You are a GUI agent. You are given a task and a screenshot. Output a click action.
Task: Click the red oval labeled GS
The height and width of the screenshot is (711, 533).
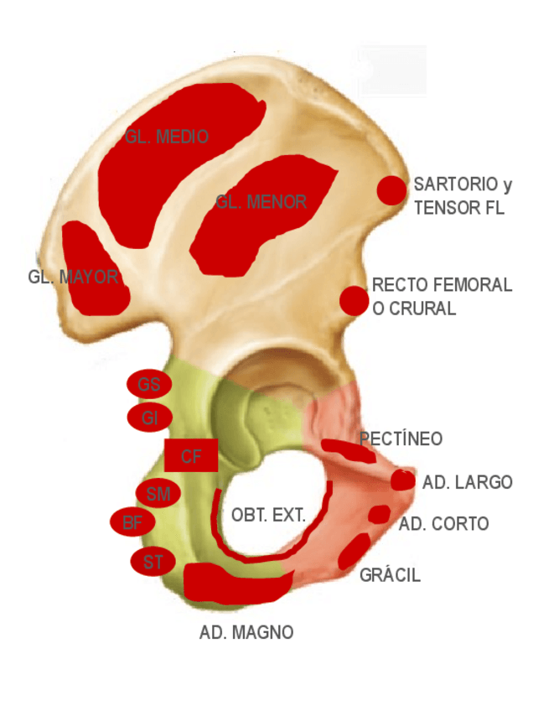click(149, 385)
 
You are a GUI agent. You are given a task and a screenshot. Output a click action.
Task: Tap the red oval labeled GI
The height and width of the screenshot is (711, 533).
click(149, 417)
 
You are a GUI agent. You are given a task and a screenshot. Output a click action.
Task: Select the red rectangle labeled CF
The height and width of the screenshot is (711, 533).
click(191, 456)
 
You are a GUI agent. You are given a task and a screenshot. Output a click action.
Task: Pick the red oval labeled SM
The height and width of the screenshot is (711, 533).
click(157, 494)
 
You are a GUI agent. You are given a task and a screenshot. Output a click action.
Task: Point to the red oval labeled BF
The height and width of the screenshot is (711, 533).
click(132, 523)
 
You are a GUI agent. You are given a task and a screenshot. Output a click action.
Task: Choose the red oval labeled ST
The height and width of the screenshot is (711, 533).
click(153, 561)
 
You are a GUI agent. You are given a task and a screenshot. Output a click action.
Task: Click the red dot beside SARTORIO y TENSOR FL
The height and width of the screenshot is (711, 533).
click(391, 190)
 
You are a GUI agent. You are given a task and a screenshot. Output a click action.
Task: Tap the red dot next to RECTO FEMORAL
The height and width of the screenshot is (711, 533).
click(354, 300)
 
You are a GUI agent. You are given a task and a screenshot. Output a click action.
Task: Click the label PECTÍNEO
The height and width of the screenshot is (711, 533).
click(401, 439)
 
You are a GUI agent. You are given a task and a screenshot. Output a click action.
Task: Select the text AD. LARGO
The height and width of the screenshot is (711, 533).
click(467, 483)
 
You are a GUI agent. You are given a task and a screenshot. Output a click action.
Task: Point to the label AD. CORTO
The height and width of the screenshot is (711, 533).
click(443, 524)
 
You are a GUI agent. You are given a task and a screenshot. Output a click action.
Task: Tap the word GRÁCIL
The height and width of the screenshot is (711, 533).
click(390, 575)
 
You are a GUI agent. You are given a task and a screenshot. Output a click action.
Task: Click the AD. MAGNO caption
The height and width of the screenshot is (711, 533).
click(246, 632)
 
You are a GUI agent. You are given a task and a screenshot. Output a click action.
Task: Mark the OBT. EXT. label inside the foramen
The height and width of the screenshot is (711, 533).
click(268, 515)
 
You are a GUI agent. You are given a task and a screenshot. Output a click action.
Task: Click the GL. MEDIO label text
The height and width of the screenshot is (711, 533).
click(167, 137)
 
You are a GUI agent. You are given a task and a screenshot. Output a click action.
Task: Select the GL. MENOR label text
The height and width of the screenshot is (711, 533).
click(261, 202)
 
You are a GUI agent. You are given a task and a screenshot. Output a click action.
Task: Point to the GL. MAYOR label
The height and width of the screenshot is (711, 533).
click(73, 277)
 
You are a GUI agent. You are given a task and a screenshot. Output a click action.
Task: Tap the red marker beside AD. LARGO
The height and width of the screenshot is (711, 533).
click(403, 480)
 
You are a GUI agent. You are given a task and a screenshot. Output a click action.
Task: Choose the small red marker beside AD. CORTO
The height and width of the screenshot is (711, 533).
click(379, 514)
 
